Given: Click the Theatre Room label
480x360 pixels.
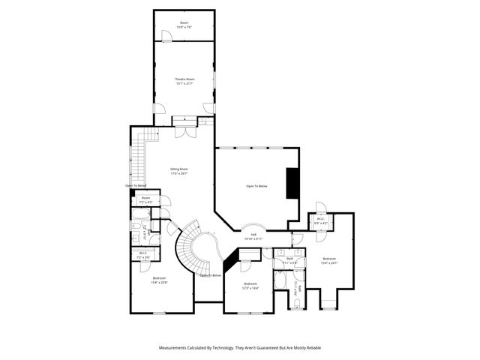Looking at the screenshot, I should tap(184, 79).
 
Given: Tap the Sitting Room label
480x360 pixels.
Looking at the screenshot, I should tap(179, 169).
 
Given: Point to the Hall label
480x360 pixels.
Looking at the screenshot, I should tap(254, 235).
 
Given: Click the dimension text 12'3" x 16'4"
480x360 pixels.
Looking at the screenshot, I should tap(250, 288).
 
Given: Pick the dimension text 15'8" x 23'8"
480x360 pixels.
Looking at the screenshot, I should tap(158, 282).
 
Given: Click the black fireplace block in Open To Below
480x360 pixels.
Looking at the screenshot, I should tap(293, 184).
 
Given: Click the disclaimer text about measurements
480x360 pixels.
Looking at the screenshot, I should tap(239, 348).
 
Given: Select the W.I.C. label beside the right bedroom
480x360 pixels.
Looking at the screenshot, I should tap(320, 220).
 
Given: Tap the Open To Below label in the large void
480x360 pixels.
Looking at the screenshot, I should tap(256, 185).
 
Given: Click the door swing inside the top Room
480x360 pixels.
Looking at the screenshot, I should tap(163, 34).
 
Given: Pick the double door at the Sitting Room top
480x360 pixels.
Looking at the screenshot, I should tap(181, 132).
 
